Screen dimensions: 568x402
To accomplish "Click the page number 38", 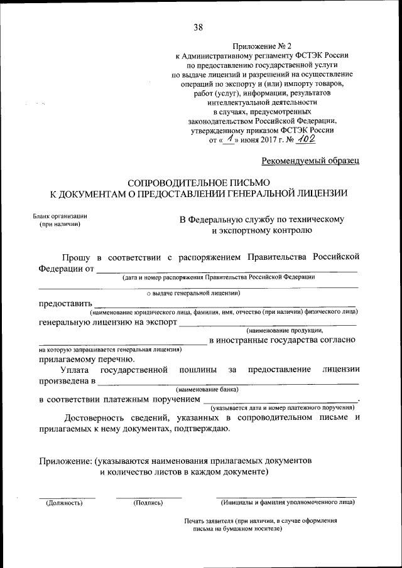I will (198, 27).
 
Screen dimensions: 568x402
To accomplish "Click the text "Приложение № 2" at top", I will (262, 46).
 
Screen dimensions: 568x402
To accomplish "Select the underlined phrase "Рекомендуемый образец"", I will (310, 161).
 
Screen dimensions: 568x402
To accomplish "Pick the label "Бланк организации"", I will (60, 216).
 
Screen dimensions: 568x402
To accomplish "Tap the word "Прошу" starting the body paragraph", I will (75, 257).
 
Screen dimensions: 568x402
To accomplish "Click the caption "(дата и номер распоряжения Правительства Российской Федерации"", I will (219, 277).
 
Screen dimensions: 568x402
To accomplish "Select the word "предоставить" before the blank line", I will (65, 304).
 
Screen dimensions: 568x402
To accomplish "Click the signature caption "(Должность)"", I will (63, 503).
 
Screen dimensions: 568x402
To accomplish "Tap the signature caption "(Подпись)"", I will (148, 503).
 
